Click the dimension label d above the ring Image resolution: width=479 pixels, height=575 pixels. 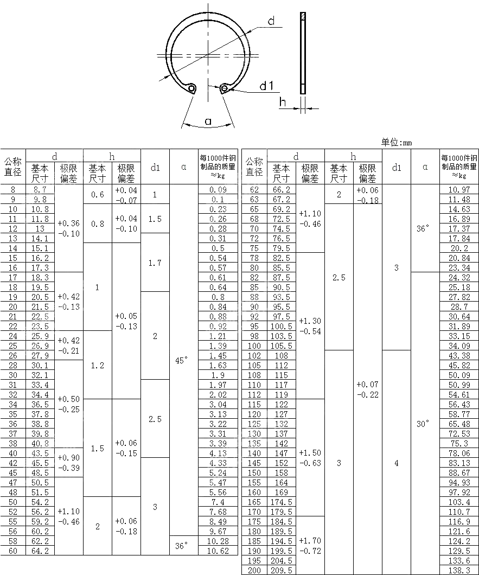click(271, 21)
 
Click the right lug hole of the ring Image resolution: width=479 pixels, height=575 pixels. click(225, 88)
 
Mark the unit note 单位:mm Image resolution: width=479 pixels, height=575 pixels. click(397, 142)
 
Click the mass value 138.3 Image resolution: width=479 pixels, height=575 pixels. click(459, 570)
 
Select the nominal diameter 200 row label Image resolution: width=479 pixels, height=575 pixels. click(254, 570)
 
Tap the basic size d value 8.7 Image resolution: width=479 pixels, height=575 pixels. click(40, 189)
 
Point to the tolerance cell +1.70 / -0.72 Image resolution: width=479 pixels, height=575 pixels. click(310, 546)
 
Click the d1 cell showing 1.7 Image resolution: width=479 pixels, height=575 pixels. click(155, 263)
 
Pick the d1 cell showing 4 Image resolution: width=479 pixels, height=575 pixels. click(397, 463)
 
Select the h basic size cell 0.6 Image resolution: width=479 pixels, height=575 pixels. click(98, 194)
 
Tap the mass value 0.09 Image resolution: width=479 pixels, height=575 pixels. click(218, 189)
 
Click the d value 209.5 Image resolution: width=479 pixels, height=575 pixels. click(282, 570)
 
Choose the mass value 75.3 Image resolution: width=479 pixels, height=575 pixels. click(459, 443)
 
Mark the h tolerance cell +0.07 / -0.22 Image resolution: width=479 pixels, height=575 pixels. click(368, 389)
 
